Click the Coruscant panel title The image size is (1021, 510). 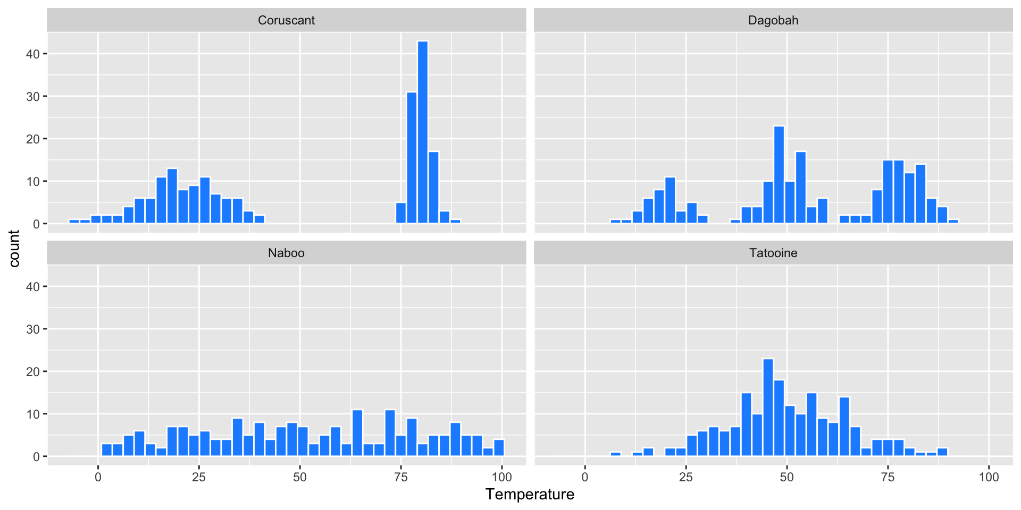pos(286,20)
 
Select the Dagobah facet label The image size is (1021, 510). pos(773,20)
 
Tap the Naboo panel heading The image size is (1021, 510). pos(286,253)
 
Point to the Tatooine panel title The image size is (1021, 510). pos(773,253)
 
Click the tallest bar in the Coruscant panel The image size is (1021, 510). pos(423,133)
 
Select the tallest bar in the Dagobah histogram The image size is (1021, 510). pos(779,175)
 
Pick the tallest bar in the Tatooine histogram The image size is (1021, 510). pos(768,408)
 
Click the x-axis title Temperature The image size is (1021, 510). pos(530,495)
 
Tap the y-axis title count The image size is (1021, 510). pos(14,249)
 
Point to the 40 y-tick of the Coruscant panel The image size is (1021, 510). pos(33,54)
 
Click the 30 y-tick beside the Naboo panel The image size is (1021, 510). pos(33,329)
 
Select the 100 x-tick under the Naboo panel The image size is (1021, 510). pos(502,477)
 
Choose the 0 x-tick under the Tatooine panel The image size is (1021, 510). pos(585,477)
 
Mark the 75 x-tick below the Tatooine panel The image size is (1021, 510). pos(888,477)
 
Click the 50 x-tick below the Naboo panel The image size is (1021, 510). pos(300,477)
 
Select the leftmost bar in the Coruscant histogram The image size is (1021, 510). pos(74,222)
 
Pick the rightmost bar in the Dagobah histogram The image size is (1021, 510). pos(953,222)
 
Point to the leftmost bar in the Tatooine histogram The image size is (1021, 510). pos(615,454)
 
